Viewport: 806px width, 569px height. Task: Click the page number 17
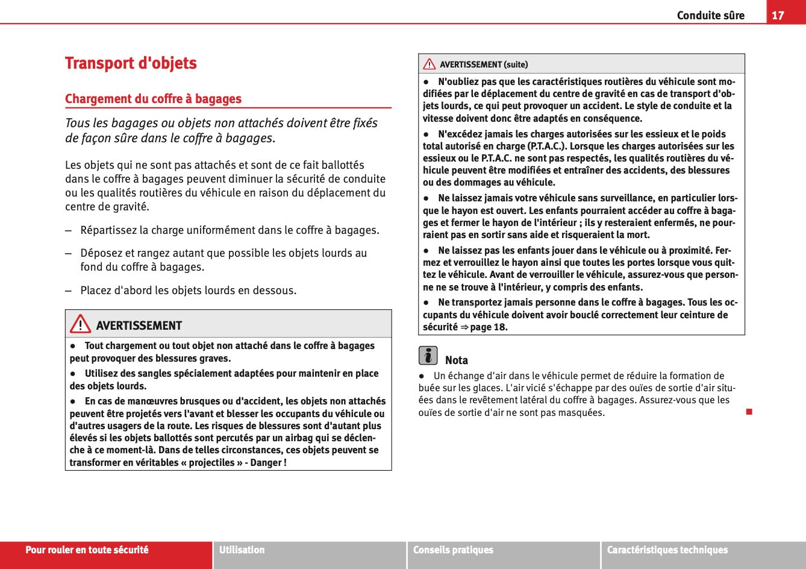(778, 15)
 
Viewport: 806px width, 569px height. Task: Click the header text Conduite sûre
(710, 15)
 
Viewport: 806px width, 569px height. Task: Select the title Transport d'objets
(131, 63)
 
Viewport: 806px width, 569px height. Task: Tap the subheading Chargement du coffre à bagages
(153, 99)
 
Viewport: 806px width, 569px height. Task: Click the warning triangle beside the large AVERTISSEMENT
(80, 325)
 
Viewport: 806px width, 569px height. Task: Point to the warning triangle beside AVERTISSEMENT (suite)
(429, 64)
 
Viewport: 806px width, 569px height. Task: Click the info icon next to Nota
(428, 356)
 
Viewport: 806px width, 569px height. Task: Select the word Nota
(456, 360)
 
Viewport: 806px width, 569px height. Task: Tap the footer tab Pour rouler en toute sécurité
(87, 550)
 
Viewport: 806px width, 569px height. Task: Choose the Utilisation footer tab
(242, 550)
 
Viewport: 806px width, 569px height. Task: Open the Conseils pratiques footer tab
(452, 550)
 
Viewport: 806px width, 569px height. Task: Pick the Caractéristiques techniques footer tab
(667, 550)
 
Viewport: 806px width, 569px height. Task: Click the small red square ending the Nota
(749, 412)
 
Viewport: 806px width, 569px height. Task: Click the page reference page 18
(489, 327)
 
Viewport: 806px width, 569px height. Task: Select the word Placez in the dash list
(96, 291)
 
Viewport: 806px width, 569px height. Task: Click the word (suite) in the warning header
(516, 64)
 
